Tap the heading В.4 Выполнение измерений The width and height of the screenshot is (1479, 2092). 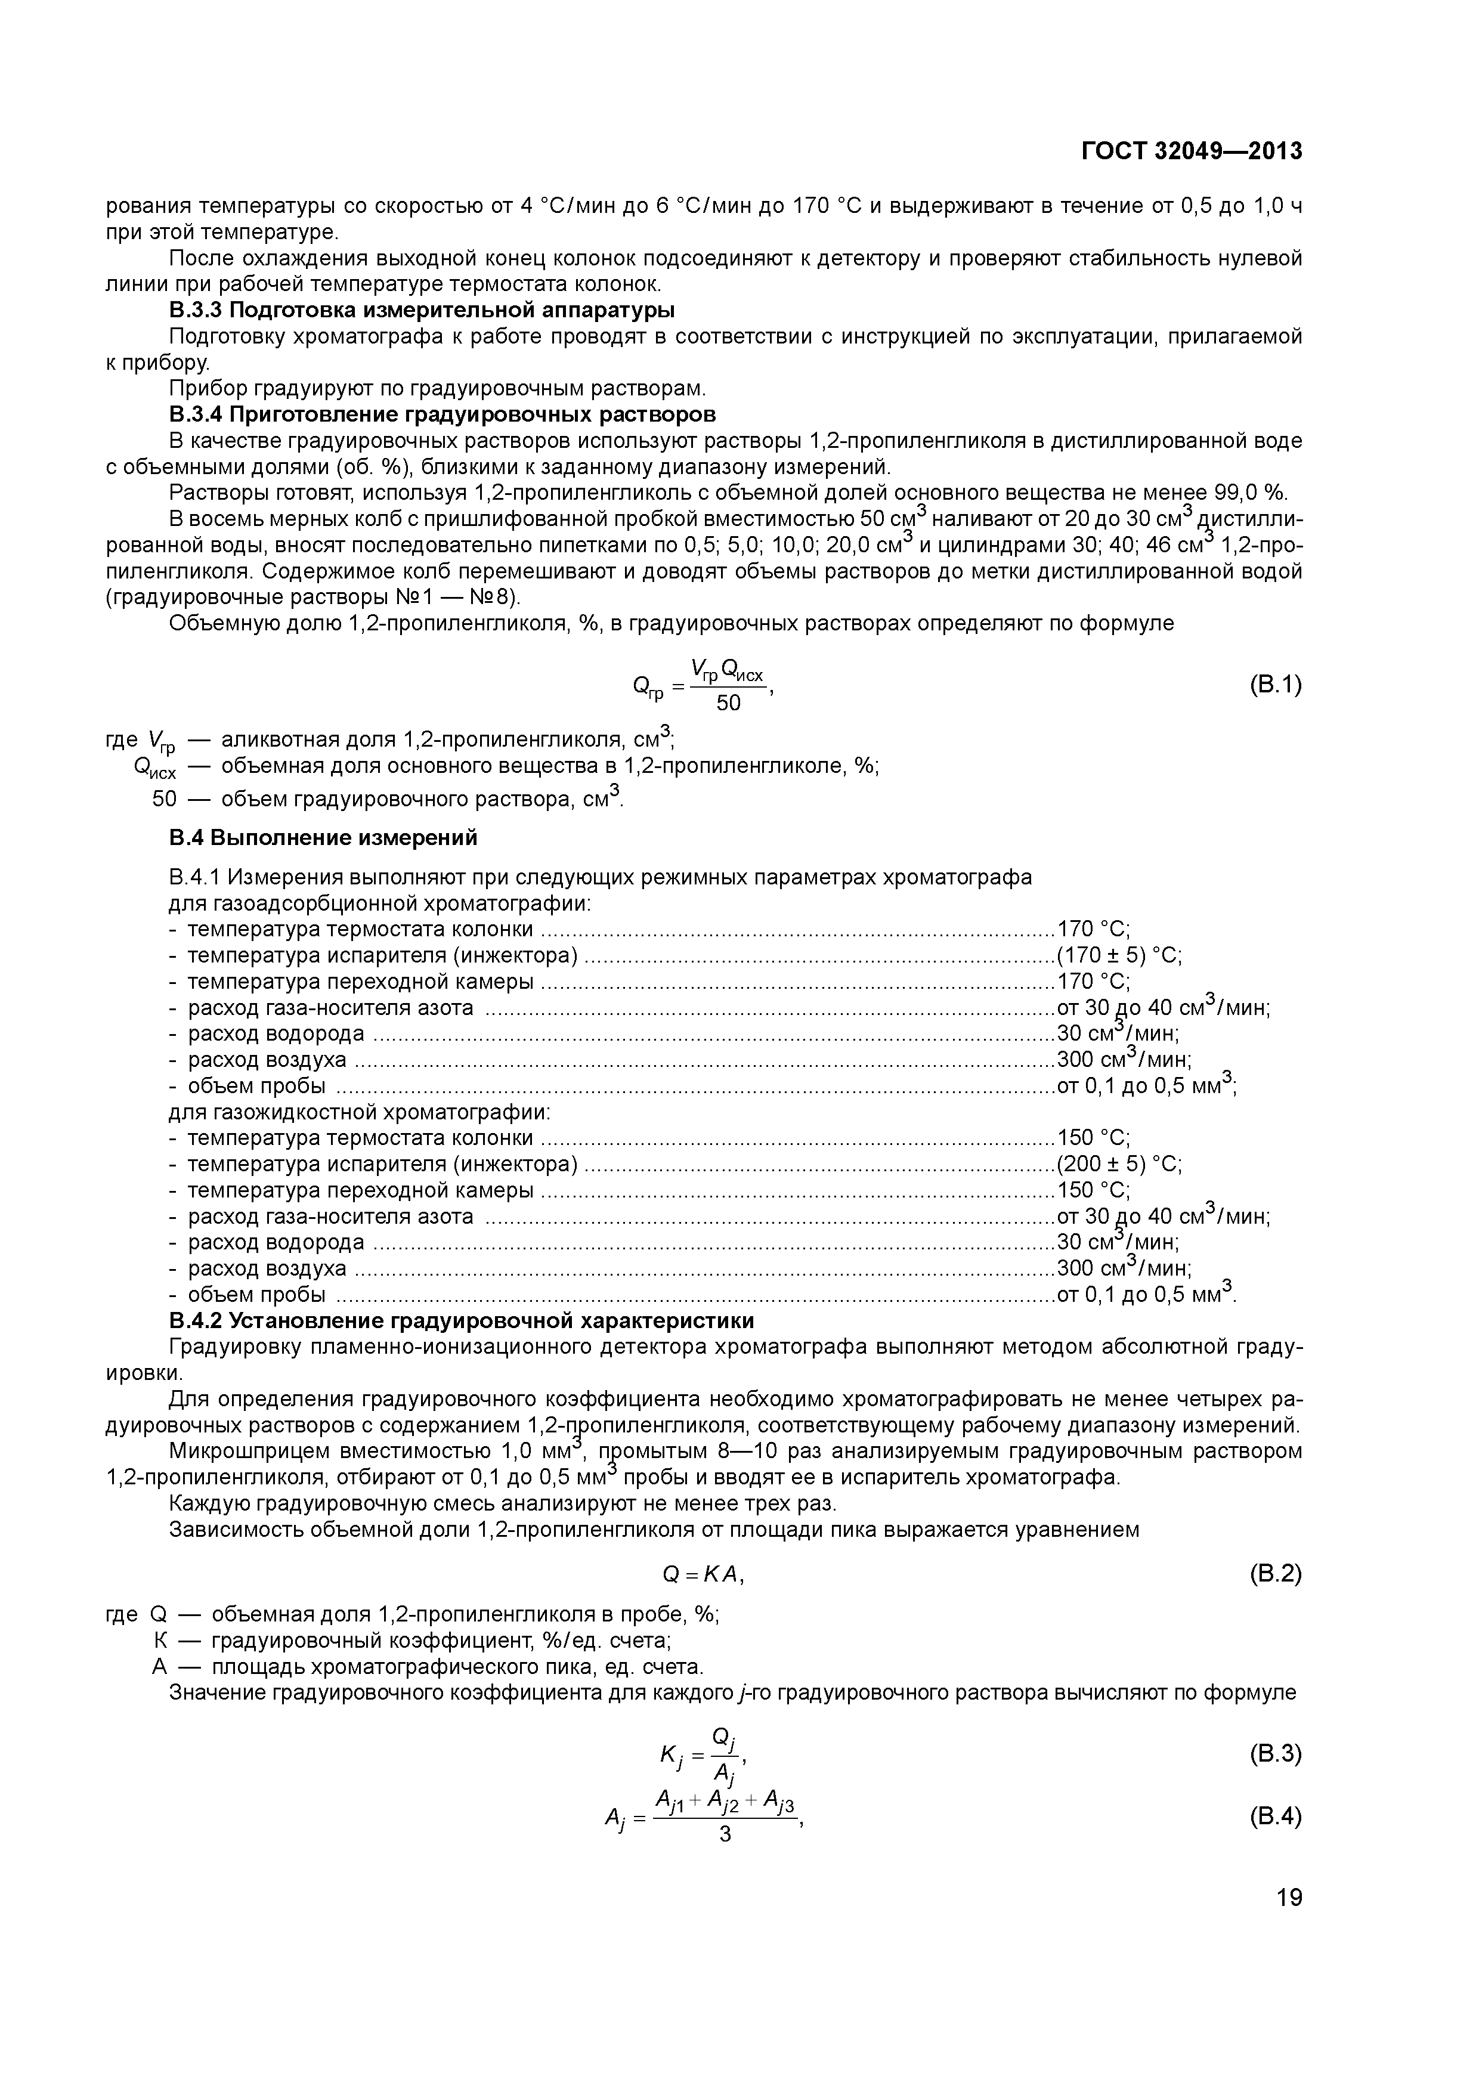tap(323, 837)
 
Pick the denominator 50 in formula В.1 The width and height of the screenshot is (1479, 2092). tap(728, 704)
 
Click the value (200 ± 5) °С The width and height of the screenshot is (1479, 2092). tap(1118, 1165)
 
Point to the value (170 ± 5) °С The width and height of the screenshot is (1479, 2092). tap(1118, 956)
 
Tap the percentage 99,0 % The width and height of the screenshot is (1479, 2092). tap(1251, 493)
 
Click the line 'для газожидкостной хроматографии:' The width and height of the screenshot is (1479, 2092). tap(360, 1113)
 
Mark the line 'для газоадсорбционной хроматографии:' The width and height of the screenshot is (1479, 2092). tap(380, 904)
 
